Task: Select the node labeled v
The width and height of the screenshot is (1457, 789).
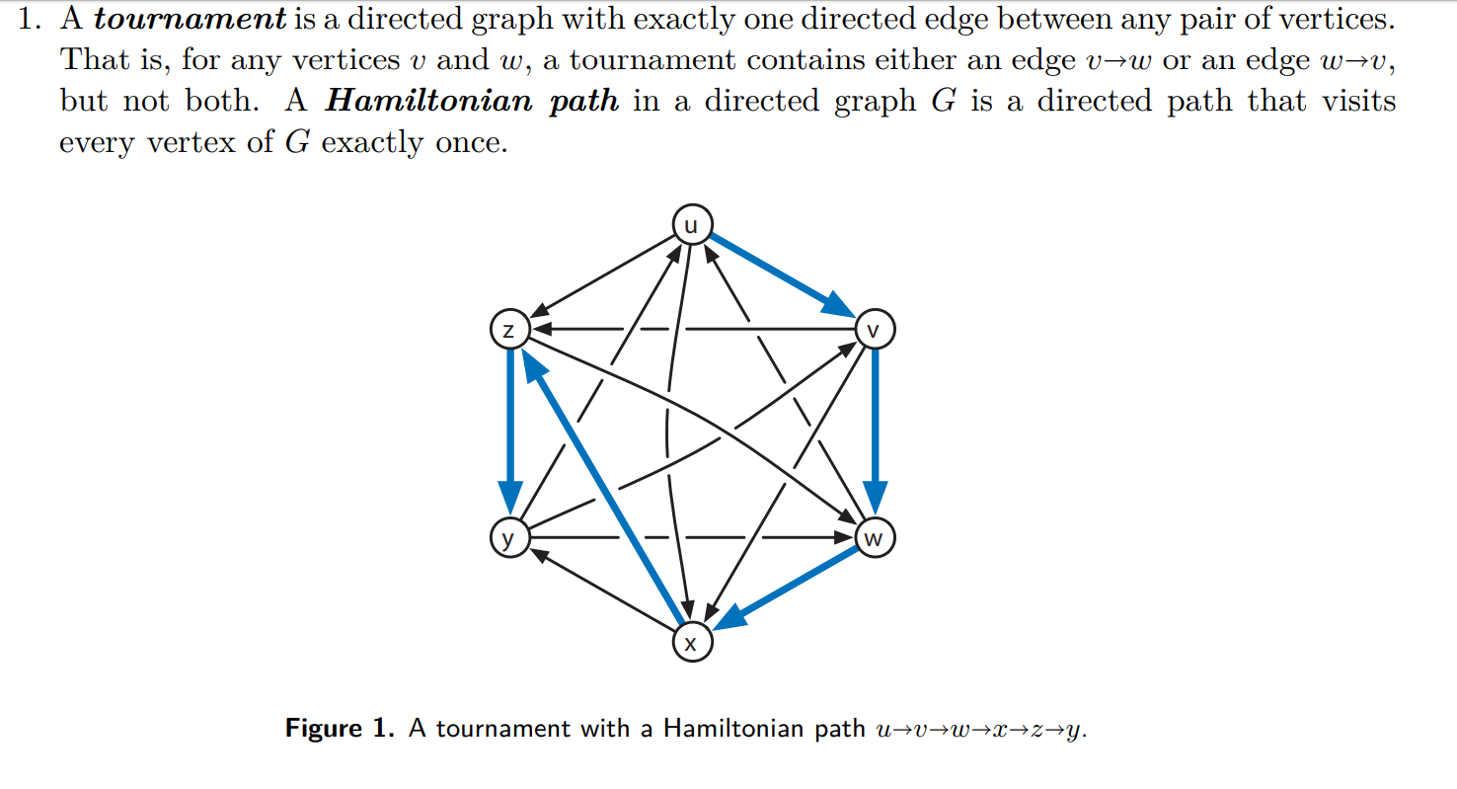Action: point(875,329)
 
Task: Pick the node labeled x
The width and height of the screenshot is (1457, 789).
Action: point(691,644)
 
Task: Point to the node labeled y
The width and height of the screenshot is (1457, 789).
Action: point(508,538)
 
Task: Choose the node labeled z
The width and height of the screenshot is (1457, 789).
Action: point(508,330)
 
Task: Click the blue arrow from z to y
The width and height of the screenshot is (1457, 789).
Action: point(509,425)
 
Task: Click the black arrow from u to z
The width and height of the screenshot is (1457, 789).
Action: point(602,276)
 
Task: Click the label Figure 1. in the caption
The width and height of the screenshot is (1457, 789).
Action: point(339,729)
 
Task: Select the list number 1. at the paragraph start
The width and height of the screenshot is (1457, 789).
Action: point(33,19)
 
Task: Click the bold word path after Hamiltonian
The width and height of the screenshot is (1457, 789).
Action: point(583,102)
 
